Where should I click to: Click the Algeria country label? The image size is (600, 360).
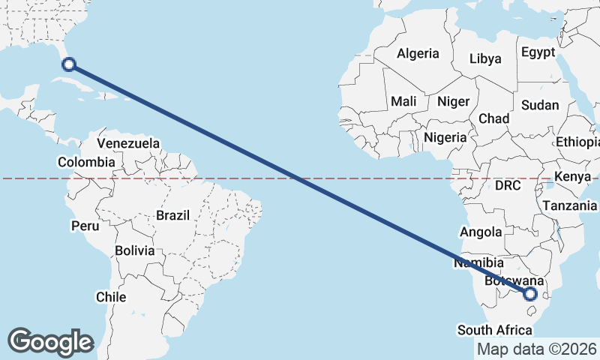[418, 54]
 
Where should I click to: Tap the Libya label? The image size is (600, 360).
[484, 59]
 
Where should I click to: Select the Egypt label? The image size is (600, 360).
[538, 52]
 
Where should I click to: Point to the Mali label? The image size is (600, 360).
[403, 101]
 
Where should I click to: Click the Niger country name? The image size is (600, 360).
[453, 101]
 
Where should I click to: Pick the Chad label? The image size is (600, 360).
[493, 118]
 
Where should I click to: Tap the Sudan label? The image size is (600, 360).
[540, 105]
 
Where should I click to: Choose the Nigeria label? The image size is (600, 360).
[445, 138]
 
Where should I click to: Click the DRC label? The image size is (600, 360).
[508, 184]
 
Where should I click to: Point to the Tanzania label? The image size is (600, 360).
[570, 205]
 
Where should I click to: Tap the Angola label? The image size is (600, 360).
[481, 232]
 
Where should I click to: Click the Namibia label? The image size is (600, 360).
[478, 263]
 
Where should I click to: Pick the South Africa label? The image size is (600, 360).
[495, 330]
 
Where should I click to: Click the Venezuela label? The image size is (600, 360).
[128, 143]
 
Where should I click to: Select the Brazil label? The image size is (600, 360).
[172, 216]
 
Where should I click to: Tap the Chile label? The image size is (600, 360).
[111, 297]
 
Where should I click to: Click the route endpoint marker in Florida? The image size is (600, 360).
[69, 64]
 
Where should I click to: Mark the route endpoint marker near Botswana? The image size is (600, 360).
[531, 293]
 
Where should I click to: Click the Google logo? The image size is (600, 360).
[50, 341]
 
